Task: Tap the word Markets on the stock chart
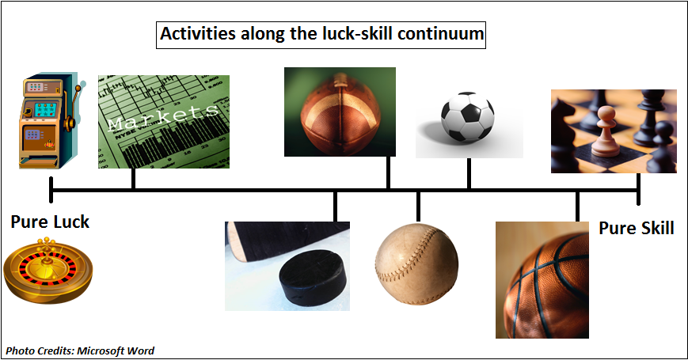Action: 163,117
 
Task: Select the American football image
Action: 340,112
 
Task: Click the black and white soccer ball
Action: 467,116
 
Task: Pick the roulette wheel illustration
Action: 48,271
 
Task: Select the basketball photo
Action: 542,280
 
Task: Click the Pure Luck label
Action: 50,222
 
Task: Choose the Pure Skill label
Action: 637,229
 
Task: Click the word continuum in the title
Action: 440,34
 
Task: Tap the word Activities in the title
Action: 198,34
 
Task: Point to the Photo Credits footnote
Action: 80,351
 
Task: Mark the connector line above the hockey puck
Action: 335,206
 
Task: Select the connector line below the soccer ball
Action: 469,173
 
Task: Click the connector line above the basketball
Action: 577,206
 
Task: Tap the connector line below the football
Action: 388,172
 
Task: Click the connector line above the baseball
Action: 418,207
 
